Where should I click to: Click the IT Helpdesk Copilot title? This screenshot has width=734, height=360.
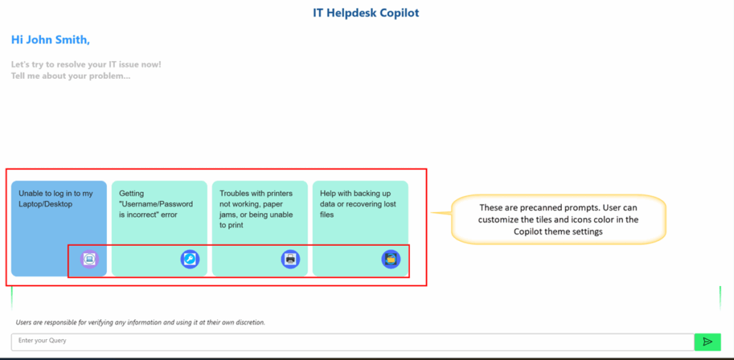click(x=366, y=13)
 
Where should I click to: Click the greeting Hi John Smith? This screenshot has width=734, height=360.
click(x=51, y=40)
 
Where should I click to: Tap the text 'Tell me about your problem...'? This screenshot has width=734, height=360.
click(x=71, y=76)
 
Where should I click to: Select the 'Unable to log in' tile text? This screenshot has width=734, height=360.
click(x=56, y=199)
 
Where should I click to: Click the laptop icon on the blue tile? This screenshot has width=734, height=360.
click(x=90, y=259)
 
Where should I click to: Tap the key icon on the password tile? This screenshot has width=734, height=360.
click(x=190, y=259)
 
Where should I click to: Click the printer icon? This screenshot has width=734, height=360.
click(x=290, y=259)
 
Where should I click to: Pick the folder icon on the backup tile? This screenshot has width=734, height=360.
click(x=391, y=259)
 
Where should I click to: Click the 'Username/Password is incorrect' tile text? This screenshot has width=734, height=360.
click(x=156, y=204)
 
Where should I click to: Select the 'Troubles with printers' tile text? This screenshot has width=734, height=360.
click(x=256, y=209)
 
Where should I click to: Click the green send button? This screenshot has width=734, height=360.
click(x=707, y=342)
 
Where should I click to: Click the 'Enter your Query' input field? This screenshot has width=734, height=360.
click(x=353, y=342)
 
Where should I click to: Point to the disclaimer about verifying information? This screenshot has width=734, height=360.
click(x=140, y=323)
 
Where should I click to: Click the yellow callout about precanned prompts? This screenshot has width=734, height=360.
click(x=558, y=219)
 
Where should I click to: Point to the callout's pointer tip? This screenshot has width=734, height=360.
click(x=431, y=213)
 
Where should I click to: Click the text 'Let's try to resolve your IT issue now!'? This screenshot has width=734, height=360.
click(x=86, y=65)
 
